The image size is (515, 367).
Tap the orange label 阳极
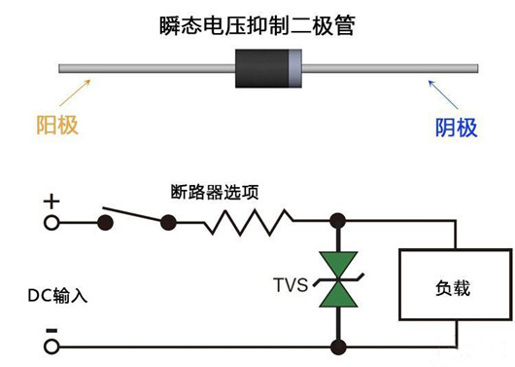click(x=56, y=125)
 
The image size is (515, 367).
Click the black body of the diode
click(x=263, y=68)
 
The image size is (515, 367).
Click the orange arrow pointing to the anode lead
click(x=76, y=94)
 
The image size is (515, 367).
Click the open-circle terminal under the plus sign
click(x=51, y=223)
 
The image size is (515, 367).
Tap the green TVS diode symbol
click(x=339, y=284)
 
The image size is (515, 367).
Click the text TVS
click(x=291, y=285)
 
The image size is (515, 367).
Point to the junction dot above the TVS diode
click(x=339, y=223)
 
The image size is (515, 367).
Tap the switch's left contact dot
click(x=105, y=223)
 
